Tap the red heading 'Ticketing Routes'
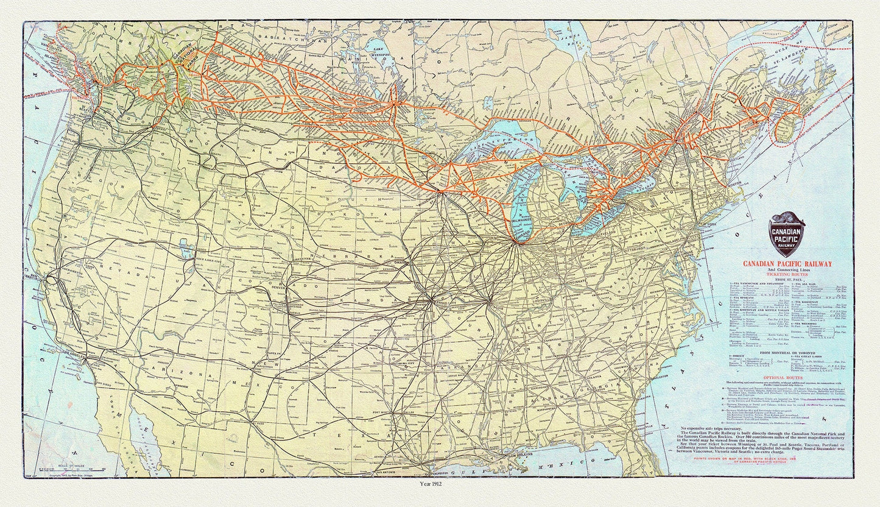(786, 275)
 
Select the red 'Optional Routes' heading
(785, 377)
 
